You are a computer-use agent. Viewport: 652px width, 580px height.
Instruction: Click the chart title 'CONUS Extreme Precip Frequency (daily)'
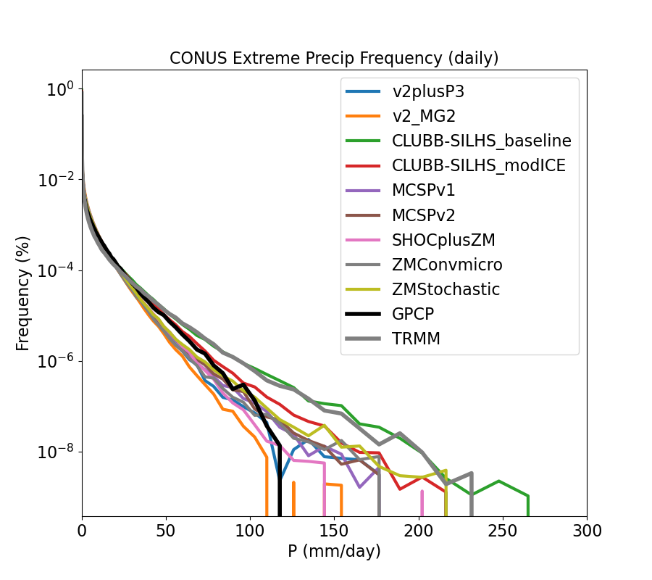[x=334, y=58]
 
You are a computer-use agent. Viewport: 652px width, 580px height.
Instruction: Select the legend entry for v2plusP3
[x=428, y=91]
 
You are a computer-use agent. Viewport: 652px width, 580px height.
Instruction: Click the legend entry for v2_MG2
[x=424, y=116]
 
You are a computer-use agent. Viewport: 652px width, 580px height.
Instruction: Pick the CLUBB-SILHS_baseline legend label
[x=482, y=141]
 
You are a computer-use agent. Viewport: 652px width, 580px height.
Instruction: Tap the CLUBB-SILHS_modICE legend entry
[x=479, y=165]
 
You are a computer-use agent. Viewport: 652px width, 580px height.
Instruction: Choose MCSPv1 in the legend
[x=424, y=190]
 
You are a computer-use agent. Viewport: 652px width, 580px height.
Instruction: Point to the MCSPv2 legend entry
[x=424, y=215]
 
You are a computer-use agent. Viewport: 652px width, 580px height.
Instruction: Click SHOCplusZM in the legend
[x=443, y=239]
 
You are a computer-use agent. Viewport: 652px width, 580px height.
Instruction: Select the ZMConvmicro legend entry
[x=447, y=264]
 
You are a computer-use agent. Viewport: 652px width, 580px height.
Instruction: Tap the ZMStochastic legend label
[x=446, y=289]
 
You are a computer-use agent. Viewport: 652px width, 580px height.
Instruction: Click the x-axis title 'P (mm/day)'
[x=334, y=551]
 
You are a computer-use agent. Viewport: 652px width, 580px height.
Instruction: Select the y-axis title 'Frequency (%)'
[x=23, y=293]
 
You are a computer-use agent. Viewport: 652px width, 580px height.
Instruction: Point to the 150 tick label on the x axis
[x=335, y=530]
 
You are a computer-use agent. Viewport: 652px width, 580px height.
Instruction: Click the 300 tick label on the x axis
[x=587, y=530]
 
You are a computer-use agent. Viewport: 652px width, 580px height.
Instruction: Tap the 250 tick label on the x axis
[x=503, y=530]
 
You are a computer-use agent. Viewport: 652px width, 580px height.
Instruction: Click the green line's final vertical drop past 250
[x=528, y=506]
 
